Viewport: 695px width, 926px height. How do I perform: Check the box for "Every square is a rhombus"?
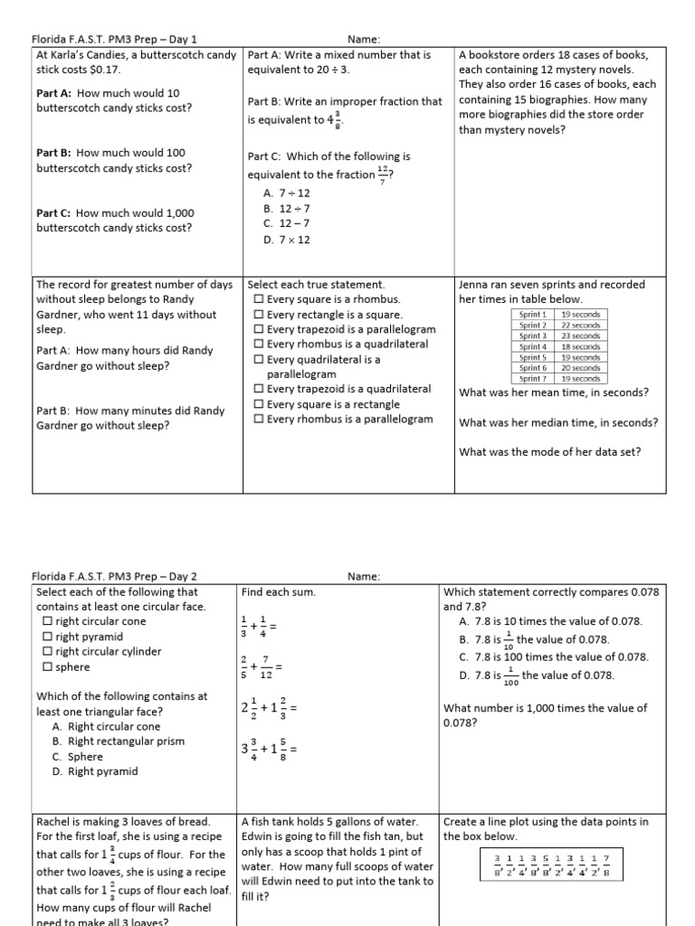click(260, 299)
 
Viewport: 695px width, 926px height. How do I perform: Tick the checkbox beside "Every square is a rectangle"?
click(260, 404)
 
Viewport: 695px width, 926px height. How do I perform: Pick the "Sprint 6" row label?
click(533, 368)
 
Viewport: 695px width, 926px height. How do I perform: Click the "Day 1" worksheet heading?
click(114, 40)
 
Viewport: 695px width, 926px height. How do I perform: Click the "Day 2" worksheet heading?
click(114, 576)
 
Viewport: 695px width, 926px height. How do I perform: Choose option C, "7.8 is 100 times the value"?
click(553, 657)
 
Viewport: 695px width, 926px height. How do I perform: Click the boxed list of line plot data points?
click(552, 865)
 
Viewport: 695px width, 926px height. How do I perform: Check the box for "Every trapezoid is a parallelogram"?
click(260, 329)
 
